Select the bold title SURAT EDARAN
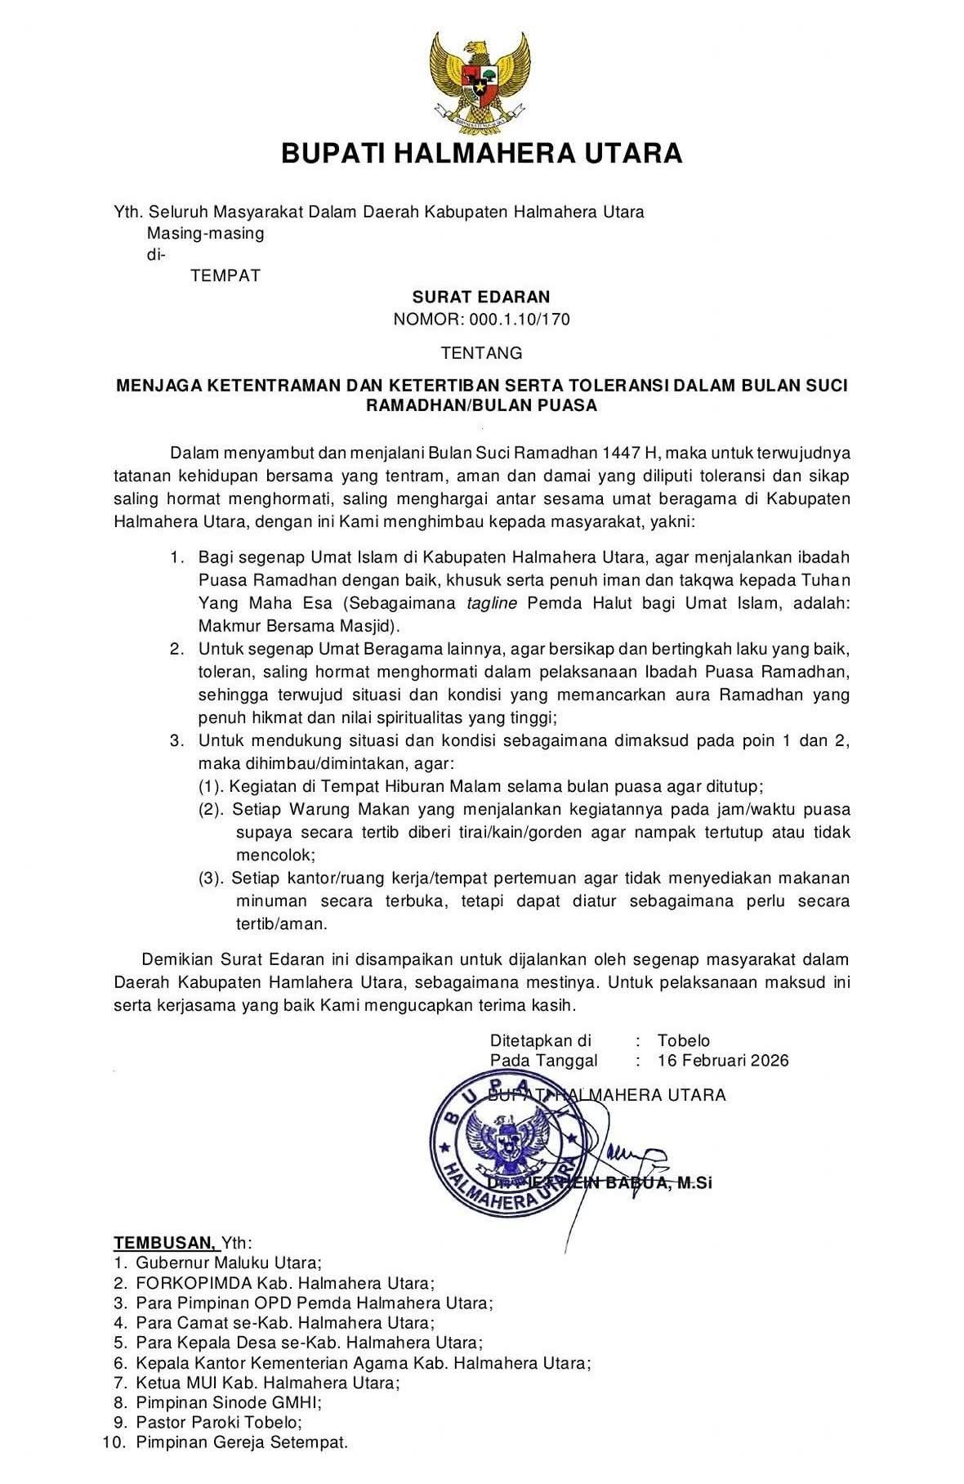pyautogui.click(x=480, y=297)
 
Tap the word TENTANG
pyautogui.click(x=481, y=354)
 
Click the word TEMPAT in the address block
pyautogui.click(x=225, y=276)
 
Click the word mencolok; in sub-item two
pyautogui.click(x=275, y=856)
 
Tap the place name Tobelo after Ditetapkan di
pyautogui.click(x=683, y=1041)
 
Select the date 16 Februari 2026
pyautogui.click(x=722, y=1061)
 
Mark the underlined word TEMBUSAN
pyautogui.click(x=164, y=1243)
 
